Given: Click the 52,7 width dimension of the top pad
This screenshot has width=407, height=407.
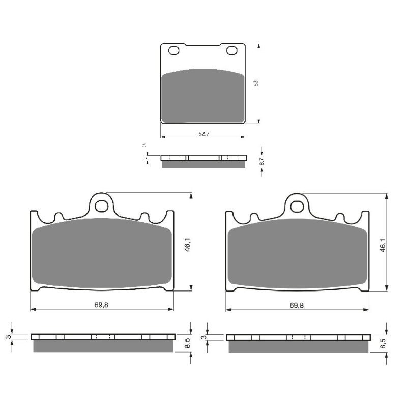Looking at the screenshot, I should (202, 134).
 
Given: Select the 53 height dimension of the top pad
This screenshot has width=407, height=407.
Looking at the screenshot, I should (256, 83).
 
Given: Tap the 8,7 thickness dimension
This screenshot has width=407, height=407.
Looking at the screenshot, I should (261, 162).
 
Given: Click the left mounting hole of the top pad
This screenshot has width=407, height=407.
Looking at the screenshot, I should (173, 50).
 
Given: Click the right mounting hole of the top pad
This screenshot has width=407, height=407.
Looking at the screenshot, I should (232, 50).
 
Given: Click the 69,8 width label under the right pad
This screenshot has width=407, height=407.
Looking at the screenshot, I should (297, 305).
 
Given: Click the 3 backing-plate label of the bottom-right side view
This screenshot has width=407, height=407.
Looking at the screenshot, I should (204, 337).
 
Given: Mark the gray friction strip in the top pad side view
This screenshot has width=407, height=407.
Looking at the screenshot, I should (203, 164).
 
